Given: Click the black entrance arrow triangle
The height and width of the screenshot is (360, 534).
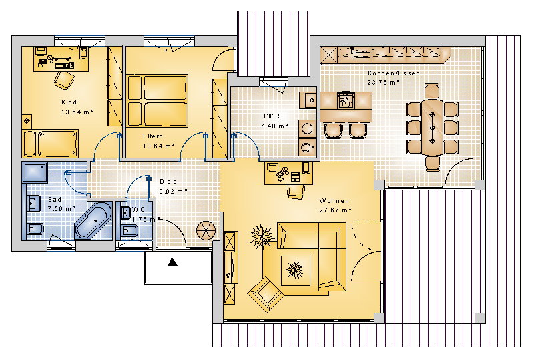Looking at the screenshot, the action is tap(173, 261).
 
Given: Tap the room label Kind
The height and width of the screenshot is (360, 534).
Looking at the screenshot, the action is tap(69, 102).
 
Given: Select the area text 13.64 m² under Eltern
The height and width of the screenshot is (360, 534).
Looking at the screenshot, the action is tap(159, 146).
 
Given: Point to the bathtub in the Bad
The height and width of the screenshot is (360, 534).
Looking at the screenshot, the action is tap(93, 220).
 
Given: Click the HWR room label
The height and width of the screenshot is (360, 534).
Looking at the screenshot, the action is tap(270, 116).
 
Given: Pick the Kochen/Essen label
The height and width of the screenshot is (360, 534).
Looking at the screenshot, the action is tap(394, 73).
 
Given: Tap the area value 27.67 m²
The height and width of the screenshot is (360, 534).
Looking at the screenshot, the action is tap(335, 210).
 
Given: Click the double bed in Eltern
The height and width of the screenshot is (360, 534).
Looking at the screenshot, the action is tap(157, 101).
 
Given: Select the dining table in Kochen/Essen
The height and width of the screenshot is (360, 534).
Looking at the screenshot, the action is tap(432, 127).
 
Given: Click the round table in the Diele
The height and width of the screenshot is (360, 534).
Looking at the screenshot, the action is tap(206, 231).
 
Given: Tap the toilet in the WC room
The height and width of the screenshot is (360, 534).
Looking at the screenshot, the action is tap(129, 231).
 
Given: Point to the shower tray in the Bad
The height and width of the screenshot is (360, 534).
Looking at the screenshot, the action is tap(35, 172).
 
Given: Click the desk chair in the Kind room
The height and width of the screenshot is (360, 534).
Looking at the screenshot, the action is tap(64, 81).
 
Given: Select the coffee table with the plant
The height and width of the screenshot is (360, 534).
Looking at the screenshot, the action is tap(295, 271).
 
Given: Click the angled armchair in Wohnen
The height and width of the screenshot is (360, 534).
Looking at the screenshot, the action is tap(266, 294).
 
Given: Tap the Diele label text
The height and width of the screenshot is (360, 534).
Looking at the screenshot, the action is tap(168, 182).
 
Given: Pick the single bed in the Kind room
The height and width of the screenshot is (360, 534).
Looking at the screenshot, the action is tap(51, 143).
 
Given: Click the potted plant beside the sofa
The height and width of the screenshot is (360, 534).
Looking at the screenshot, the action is tap(262, 236).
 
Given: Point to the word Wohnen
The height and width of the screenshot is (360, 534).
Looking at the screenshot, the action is tap(334, 201).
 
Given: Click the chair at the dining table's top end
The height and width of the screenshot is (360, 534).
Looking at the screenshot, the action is tap(432, 91).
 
